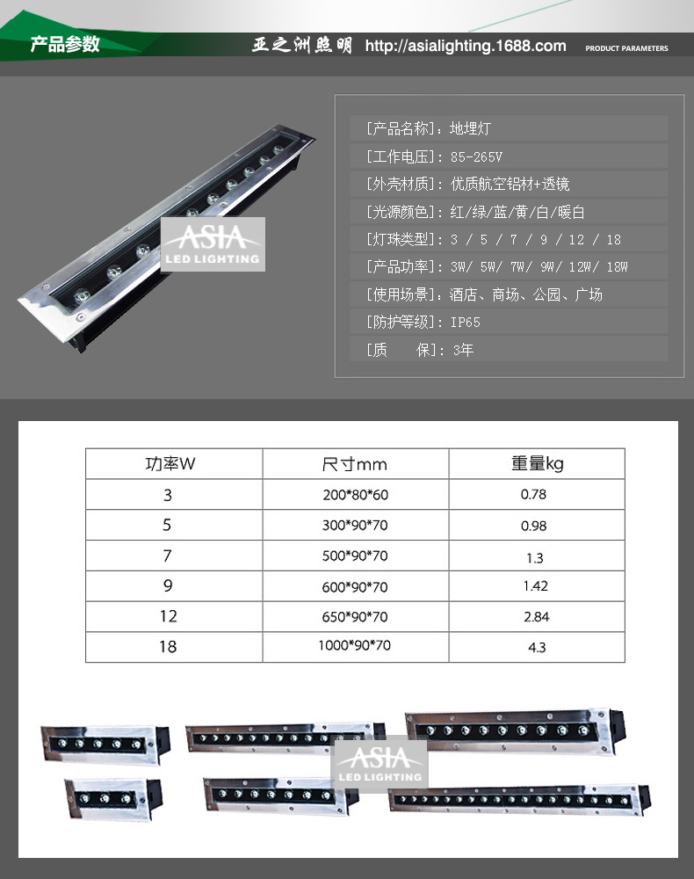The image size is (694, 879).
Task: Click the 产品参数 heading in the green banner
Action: tap(65, 45)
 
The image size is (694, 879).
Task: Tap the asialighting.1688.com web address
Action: tap(465, 46)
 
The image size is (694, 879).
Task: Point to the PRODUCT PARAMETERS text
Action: tap(626, 48)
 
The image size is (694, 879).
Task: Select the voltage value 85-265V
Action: tap(476, 156)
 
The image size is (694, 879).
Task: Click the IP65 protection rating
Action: tap(466, 323)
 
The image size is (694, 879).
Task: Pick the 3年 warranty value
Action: tap(463, 350)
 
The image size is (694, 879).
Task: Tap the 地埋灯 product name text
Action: tap(470, 128)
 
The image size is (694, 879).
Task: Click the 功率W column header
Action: tap(170, 463)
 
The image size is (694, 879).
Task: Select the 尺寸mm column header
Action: tap(354, 464)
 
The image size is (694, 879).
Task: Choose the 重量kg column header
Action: tap(537, 463)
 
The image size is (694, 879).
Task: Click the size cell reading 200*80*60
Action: tap(355, 495)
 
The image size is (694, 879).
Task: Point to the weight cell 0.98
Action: tap(533, 526)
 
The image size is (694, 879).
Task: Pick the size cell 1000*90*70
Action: tap(354, 646)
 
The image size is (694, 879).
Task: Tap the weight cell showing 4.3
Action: tap(537, 647)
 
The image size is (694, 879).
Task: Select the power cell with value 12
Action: tap(168, 617)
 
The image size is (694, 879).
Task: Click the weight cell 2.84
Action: tap(536, 617)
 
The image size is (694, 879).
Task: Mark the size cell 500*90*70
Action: tap(355, 556)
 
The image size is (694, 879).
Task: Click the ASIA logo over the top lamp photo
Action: tap(212, 243)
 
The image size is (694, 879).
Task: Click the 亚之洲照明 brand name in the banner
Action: tap(301, 46)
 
